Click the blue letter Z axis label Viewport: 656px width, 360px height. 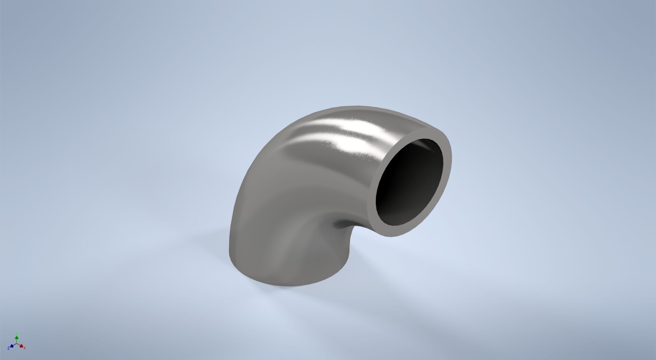[9, 348]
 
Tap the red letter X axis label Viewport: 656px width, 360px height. [25, 348]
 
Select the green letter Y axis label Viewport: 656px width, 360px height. [17, 333]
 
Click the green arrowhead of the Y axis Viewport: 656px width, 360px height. [17, 338]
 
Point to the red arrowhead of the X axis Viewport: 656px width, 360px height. [21, 346]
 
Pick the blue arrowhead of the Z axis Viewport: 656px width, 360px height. [12, 346]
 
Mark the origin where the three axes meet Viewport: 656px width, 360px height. [17, 344]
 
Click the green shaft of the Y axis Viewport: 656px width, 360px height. [17, 341]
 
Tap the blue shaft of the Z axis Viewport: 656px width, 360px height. [14, 345]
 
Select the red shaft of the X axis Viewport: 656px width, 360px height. [19, 345]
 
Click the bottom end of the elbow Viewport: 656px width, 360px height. [275, 281]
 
